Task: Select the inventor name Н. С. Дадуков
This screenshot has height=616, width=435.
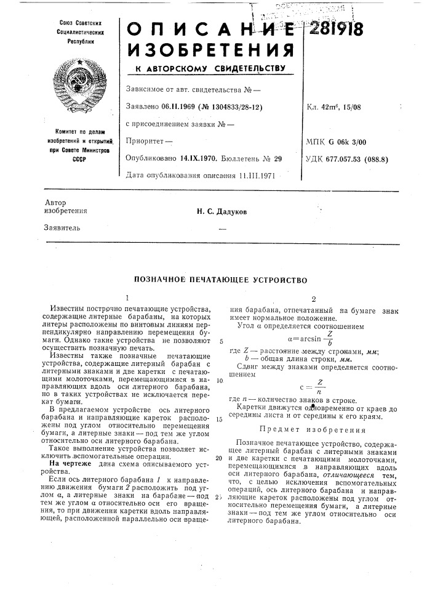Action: pyautogui.click(x=218, y=212)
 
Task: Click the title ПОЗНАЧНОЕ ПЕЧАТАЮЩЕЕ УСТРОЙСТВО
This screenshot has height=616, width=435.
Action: pyautogui.click(x=217, y=280)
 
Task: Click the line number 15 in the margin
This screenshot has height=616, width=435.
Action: pyautogui.click(x=219, y=419)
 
